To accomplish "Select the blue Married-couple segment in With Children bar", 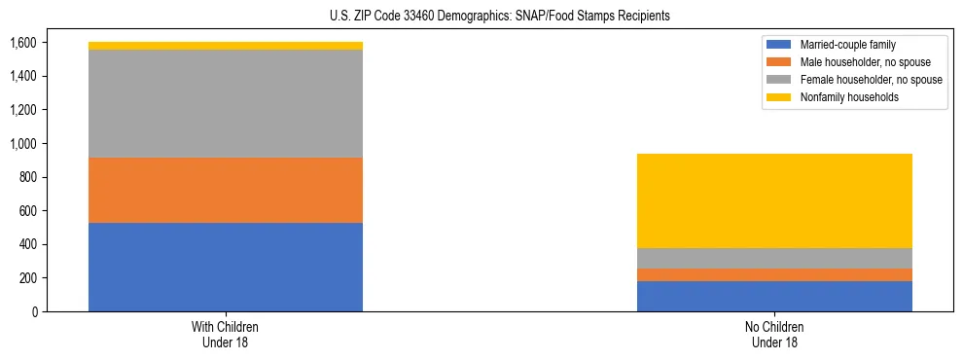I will tap(226, 267).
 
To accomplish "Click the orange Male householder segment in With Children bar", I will tap(226, 190).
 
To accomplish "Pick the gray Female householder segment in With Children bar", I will tap(226, 103).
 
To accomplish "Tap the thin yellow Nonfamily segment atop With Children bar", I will tap(226, 46).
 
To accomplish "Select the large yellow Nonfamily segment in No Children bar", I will tap(774, 200).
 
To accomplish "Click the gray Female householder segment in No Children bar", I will tap(774, 258).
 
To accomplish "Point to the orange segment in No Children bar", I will tap(774, 274).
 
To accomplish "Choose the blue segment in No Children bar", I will tap(774, 296).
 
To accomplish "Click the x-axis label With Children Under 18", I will tap(226, 334).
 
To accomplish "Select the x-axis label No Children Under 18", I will tap(774, 334).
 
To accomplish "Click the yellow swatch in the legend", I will tap(779, 97).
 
